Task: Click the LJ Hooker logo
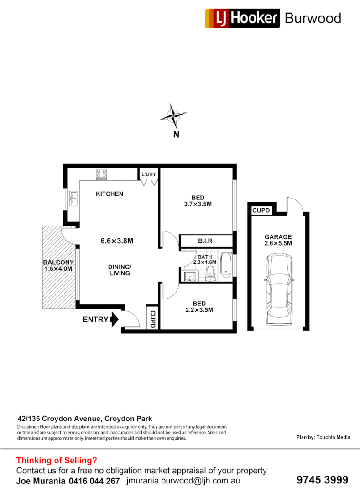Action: click(x=242, y=18)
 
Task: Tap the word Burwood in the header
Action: click(x=313, y=18)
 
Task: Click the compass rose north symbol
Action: click(x=173, y=116)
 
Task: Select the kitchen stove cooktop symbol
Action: click(x=101, y=174)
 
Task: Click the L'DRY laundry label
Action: click(x=149, y=174)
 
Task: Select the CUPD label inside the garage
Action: click(x=261, y=210)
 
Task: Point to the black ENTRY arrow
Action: click(x=114, y=320)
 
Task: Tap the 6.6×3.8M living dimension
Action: click(x=117, y=241)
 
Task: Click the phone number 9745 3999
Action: click(x=322, y=480)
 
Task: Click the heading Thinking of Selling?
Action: click(x=57, y=460)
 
